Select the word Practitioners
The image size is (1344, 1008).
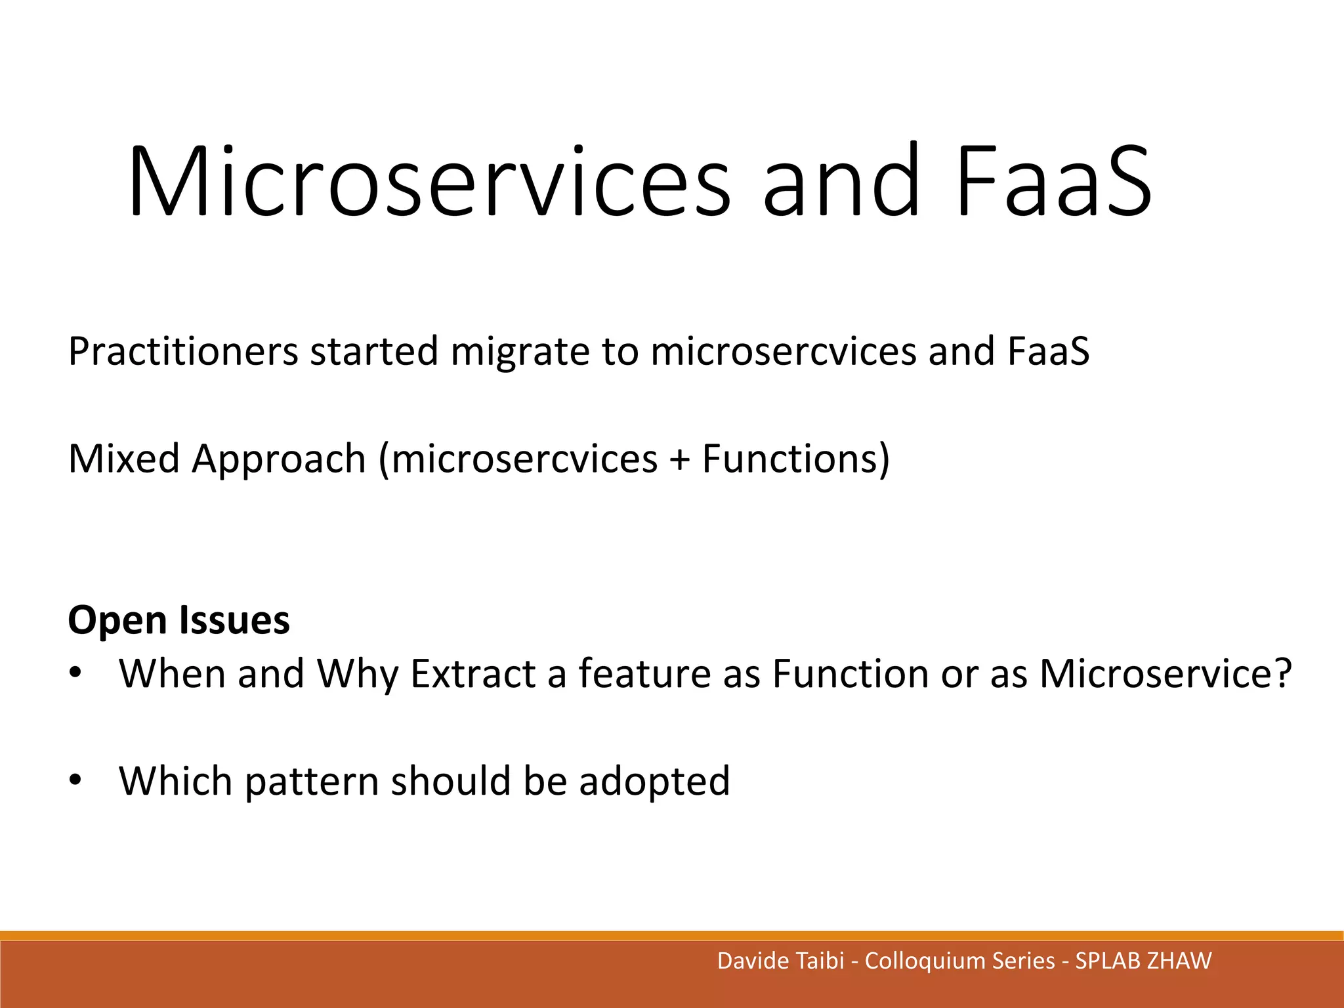(x=184, y=352)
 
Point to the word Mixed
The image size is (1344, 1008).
(x=123, y=459)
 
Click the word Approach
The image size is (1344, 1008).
(x=278, y=459)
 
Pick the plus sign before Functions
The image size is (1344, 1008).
(x=680, y=460)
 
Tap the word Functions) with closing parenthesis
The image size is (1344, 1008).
(x=796, y=459)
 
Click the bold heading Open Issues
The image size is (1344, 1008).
(x=178, y=620)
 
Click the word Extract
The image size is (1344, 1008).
(x=472, y=674)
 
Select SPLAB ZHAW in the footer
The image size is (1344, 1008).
(x=1143, y=961)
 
